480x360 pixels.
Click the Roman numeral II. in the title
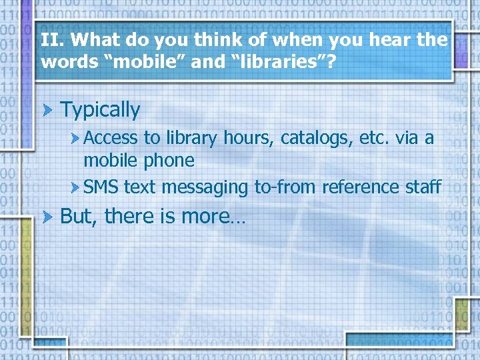tap(50, 40)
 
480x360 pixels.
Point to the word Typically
tap(100, 110)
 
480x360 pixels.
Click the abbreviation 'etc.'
tap(374, 139)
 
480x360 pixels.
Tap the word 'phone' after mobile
tap(169, 161)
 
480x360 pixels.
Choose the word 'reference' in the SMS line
tap(360, 187)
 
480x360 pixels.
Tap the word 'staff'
tap(423, 187)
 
